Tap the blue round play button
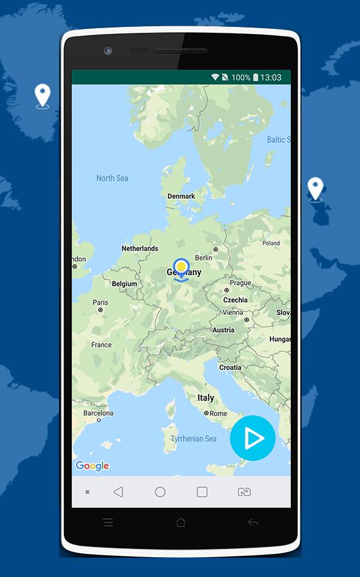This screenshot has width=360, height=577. tap(252, 438)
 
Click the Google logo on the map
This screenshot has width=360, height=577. tap(92, 466)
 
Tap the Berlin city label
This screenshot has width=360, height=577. tap(204, 258)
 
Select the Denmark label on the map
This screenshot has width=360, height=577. tap(181, 196)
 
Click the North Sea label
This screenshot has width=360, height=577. tap(112, 178)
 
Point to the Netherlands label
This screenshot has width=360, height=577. tap(140, 248)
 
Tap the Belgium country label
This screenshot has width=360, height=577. tap(124, 283)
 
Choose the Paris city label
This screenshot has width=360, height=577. tap(101, 303)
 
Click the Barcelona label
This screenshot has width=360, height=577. tap(98, 414)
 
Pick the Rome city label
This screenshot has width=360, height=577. tap(218, 414)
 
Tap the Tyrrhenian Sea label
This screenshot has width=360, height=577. tap(194, 439)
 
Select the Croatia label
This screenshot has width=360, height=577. tap(230, 367)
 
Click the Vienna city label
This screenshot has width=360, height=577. tap(233, 312)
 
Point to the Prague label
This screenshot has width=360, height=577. tap(240, 283)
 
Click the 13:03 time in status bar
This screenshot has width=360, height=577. tap(271, 78)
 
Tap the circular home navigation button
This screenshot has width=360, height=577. tap(160, 492)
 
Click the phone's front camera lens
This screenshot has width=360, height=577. tap(108, 51)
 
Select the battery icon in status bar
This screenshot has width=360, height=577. tap(256, 78)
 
